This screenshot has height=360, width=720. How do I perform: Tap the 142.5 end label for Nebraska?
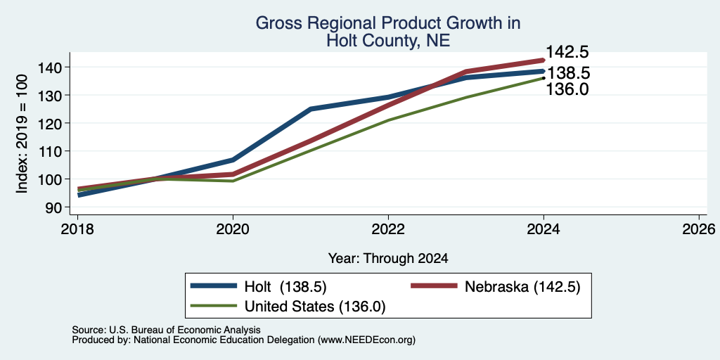[567, 52]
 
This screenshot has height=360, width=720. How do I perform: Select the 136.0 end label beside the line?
[567, 89]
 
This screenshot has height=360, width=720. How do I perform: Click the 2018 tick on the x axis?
[77, 229]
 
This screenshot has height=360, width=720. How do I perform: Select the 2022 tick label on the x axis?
[388, 229]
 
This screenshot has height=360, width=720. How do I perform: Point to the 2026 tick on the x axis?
[699, 229]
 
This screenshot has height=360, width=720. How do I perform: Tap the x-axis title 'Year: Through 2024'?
[388, 259]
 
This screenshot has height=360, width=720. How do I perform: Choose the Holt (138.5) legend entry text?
[285, 287]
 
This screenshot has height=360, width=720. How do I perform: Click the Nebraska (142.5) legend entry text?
[522, 287]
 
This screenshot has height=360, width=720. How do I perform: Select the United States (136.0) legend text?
[315, 306]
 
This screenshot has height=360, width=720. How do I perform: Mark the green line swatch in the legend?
[214, 306]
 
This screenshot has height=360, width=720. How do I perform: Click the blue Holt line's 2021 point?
[311, 109]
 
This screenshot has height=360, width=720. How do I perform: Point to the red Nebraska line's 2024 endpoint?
[544, 60]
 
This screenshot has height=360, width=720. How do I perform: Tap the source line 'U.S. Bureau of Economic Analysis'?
[185, 330]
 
